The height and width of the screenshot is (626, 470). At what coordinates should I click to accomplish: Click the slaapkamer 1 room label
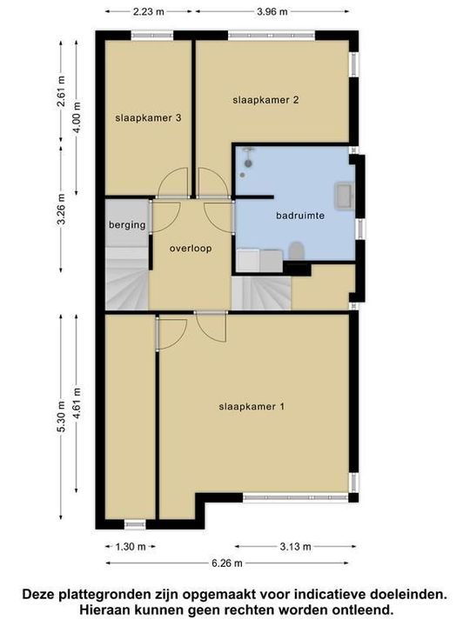pyautogui.click(x=252, y=407)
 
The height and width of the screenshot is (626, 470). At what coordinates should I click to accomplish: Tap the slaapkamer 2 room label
pyautogui.click(x=265, y=100)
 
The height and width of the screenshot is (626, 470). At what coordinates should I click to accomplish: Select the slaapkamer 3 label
pyautogui.click(x=148, y=118)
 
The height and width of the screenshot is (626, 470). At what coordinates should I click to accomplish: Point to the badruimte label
pyautogui.click(x=300, y=216)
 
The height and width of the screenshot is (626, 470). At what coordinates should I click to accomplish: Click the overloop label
pyautogui.click(x=191, y=249)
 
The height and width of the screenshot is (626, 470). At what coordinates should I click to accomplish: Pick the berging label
pyautogui.click(x=127, y=225)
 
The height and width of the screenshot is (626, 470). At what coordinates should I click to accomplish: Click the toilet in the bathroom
pyautogui.click(x=297, y=250)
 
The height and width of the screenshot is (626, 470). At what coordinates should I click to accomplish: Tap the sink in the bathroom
pyautogui.click(x=344, y=196)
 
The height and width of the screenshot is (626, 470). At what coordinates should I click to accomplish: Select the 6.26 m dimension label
pyautogui.click(x=227, y=563)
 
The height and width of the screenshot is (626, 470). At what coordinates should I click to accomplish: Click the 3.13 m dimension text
pyautogui.click(x=295, y=547)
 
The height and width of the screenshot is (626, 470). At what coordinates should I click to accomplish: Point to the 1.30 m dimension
pyautogui.click(x=131, y=547)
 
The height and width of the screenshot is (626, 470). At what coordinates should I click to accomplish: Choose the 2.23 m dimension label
pyautogui.click(x=148, y=11)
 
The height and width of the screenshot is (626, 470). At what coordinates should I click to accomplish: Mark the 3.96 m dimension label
pyautogui.click(x=272, y=11)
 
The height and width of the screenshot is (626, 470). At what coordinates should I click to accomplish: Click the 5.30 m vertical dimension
pyautogui.click(x=61, y=416)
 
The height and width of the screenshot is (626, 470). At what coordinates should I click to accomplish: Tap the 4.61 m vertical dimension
pyautogui.click(x=77, y=403)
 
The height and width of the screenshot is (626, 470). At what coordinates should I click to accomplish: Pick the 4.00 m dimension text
pyautogui.click(x=77, y=117)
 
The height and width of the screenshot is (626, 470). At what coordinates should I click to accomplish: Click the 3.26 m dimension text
pyautogui.click(x=61, y=210)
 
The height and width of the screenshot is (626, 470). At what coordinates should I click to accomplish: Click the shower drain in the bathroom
pyautogui.click(x=242, y=175)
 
